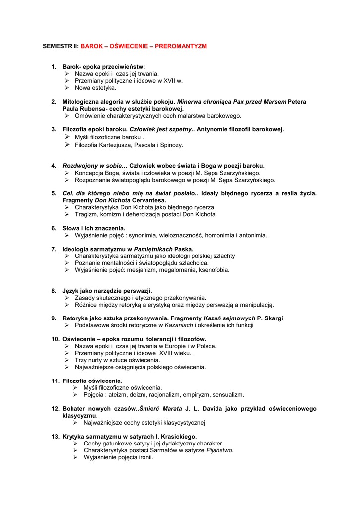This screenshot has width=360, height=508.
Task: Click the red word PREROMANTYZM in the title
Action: pyautogui.click(x=181, y=46)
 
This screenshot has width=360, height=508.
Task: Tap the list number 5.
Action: pyautogui.click(x=54, y=193)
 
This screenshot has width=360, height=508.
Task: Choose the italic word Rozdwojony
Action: pyautogui.click(x=80, y=166)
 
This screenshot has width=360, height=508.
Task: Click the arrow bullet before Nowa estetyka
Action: pyautogui.click(x=67, y=88)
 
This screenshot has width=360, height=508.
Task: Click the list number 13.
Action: pyautogui.click(x=55, y=437)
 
